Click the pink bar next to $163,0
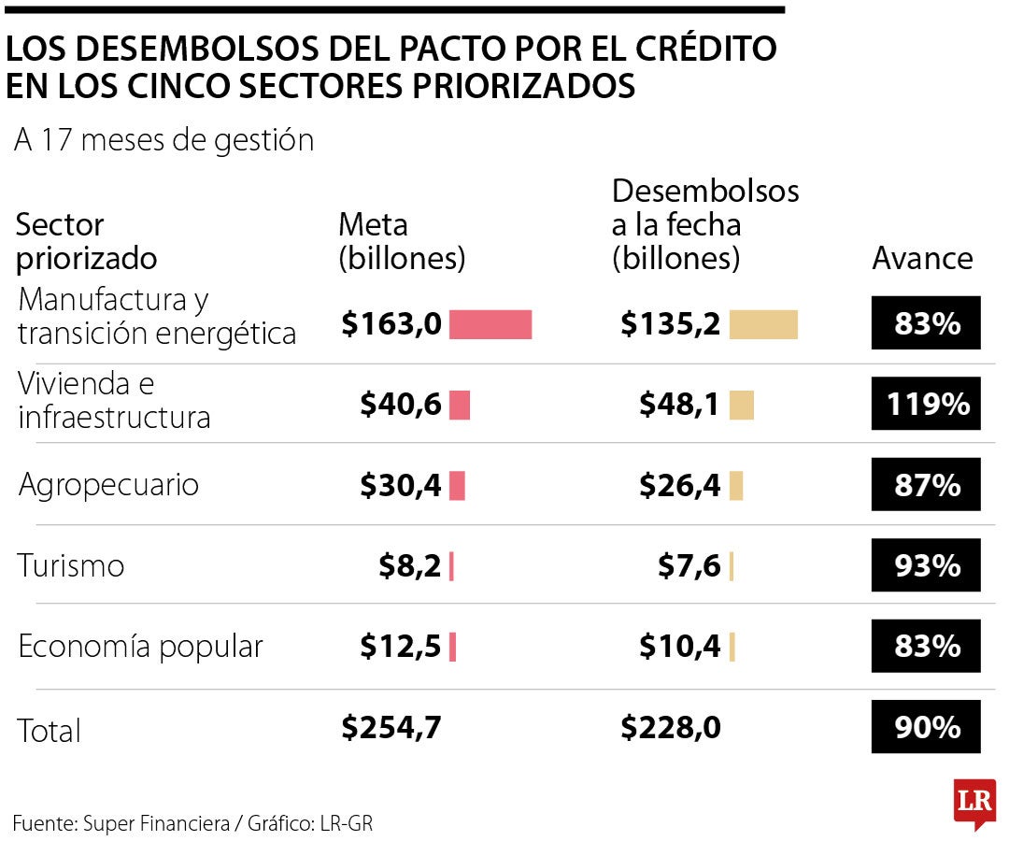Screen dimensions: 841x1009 490,324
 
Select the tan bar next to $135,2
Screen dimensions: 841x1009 763,324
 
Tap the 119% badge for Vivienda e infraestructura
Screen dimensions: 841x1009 926,404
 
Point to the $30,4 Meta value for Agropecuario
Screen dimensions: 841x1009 401,486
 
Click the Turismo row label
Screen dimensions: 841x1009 71,565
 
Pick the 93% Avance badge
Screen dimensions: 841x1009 926,565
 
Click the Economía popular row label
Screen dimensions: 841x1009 141,647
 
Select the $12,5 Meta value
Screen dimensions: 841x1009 401,647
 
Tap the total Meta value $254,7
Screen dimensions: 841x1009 391,727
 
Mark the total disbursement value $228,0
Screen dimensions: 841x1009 670,727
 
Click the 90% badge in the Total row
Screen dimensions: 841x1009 926,727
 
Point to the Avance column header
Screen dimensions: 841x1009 922,258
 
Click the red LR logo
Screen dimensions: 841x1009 974,803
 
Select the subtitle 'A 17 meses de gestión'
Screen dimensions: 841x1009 164,140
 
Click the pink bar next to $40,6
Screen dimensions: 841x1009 460,406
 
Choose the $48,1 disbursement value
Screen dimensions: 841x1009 679,405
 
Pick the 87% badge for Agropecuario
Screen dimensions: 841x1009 926,485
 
